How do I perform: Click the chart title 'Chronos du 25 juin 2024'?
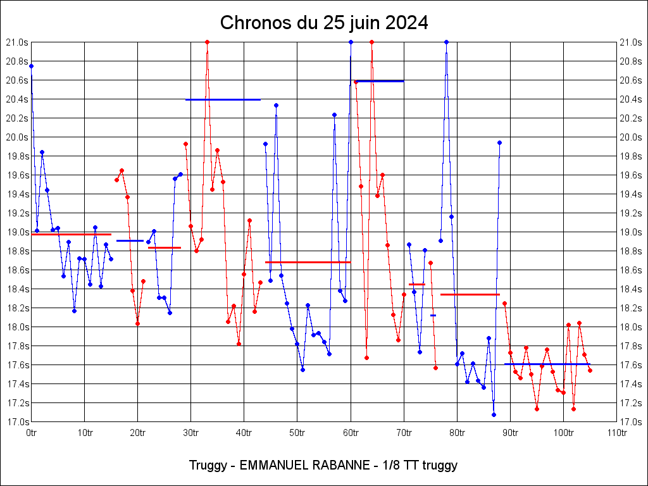click(324, 23)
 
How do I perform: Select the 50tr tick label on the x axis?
click(297, 433)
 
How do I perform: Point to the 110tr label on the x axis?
click(617, 433)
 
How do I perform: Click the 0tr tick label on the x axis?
click(32, 433)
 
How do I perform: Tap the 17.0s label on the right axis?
click(630, 422)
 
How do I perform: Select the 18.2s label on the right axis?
click(630, 308)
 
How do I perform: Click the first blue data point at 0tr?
click(31, 66)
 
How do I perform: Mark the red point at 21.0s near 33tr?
click(207, 42)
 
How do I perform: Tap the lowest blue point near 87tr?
click(494, 414)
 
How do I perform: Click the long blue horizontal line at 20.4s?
click(223, 99)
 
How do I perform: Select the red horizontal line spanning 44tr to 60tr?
click(308, 262)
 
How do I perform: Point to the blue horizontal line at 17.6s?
click(547, 364)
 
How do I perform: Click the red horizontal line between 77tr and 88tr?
click(470, 294)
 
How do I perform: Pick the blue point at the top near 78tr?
click(446, 42)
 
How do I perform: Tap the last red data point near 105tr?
click(590, 370)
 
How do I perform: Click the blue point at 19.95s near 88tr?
click(499, 142)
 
